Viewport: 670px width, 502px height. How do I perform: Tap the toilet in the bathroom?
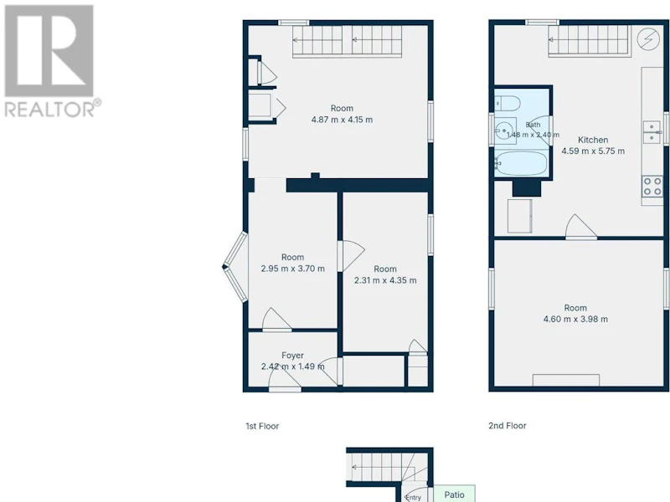pos(508,103)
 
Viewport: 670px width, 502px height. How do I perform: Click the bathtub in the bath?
pos(521,163)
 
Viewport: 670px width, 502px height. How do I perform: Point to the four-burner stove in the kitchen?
pos(653,187)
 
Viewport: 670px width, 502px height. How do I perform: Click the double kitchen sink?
pos(652,132)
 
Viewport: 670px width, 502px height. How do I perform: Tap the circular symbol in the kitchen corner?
pos(647,39)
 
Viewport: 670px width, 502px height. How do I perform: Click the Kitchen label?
pos(593,140)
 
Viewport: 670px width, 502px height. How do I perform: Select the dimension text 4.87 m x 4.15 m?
pos(342,120)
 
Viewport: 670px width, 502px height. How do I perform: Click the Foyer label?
pos(292,355)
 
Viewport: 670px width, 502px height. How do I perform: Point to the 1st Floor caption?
pos(262,426)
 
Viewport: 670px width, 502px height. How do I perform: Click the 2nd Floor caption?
pos(508,426)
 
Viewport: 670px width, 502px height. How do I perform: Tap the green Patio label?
pos(454,494)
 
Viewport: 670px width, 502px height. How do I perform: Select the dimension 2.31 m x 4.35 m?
pos(385,280)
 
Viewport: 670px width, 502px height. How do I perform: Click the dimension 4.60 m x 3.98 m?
pos(575,319)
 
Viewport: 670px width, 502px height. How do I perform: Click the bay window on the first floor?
pos(235,267)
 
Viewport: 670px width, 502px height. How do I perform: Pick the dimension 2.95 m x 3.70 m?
pos(292,269)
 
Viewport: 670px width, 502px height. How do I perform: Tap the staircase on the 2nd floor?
pos(590,41)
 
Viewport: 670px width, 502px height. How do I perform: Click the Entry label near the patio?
pos(413,497)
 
